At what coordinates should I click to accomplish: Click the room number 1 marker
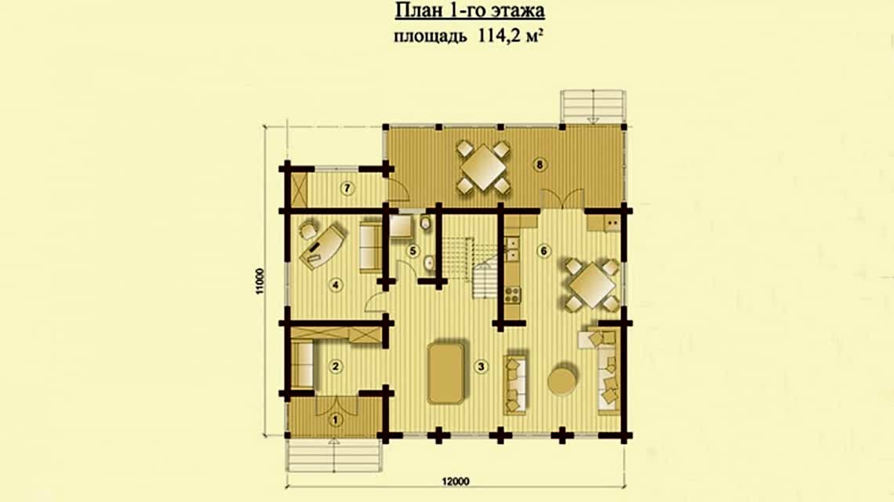[336, 420]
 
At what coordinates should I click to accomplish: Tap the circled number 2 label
[336, 366]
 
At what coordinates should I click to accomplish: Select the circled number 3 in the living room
[482, 366]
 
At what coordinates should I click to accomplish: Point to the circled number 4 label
[336, 285]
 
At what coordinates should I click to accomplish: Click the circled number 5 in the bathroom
[413, 251]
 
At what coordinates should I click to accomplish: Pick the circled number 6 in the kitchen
[543, 251]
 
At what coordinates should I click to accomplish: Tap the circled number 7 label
[347, 187]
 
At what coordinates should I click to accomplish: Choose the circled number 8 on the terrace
[540, 166]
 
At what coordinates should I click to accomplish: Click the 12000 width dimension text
[456, 482]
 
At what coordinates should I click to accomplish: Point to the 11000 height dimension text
[260, 281]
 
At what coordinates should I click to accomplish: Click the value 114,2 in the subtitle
[494, 36]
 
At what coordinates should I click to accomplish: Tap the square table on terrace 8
[484, 168]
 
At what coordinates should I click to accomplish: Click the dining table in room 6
[592, 285]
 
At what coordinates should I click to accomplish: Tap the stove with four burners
[512, 294]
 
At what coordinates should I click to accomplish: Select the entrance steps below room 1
[333, 455]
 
